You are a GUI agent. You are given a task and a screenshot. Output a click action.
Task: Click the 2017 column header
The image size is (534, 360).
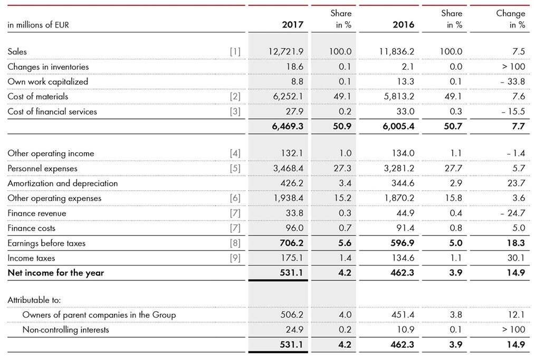(x=293, y=25)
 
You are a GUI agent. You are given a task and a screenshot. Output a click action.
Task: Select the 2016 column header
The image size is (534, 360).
(x=404, y=25)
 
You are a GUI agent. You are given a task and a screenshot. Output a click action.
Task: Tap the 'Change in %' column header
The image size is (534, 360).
(x=510, y=19)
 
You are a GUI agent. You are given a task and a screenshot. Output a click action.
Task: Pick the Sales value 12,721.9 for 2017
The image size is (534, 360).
(x=285, y=52)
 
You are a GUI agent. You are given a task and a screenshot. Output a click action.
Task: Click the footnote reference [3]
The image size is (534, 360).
(x=235, y=112)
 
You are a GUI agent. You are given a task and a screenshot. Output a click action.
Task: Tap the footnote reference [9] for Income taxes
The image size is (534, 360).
(x=235, y=258)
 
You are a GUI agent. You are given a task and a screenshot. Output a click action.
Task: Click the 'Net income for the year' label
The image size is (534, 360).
(x=55, y=273)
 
